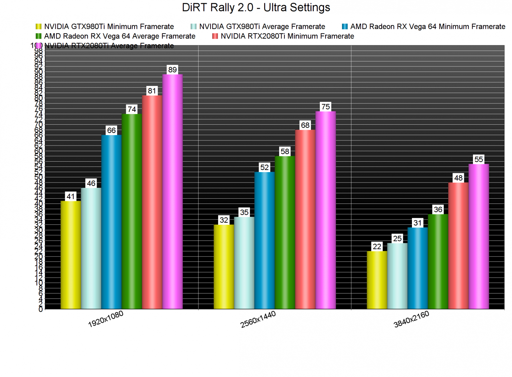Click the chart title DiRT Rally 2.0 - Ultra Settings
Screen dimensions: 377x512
click(x=256, y=8)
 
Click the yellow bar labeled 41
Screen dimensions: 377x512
click(x=71, y=255)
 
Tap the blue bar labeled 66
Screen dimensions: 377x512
click(x=112, y=222)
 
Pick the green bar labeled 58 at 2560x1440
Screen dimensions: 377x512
click(x=285, y=232)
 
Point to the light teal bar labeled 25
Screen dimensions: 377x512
click(x=397, y=276)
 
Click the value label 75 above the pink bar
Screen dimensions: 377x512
click(x=326, y=107)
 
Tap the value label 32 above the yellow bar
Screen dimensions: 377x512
click(x=224, y=220)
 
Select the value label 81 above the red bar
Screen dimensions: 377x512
click(x=152, y=91)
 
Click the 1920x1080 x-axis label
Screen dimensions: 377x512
click(x=106, y=319)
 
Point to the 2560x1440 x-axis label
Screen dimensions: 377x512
click(x=258, y=319)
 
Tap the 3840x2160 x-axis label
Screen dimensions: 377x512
click(x=411, y=319)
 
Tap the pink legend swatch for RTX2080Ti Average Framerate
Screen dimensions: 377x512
click(x=39, y=46)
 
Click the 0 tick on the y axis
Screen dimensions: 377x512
click(x=41, y=309)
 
